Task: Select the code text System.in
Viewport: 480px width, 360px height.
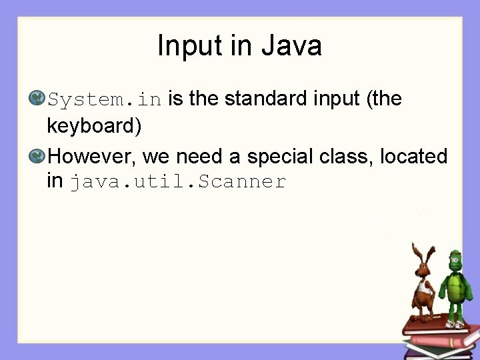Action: (x=105, y=100)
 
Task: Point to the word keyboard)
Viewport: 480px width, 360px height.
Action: (x=94, y=125)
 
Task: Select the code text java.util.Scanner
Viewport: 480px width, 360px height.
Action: (x=178, y=181)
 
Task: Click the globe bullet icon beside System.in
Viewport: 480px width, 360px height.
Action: (x=37, y=99)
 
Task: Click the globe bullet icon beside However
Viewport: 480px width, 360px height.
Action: (x=37, y=157)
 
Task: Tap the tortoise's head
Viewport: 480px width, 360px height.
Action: (x=455, y=258)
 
